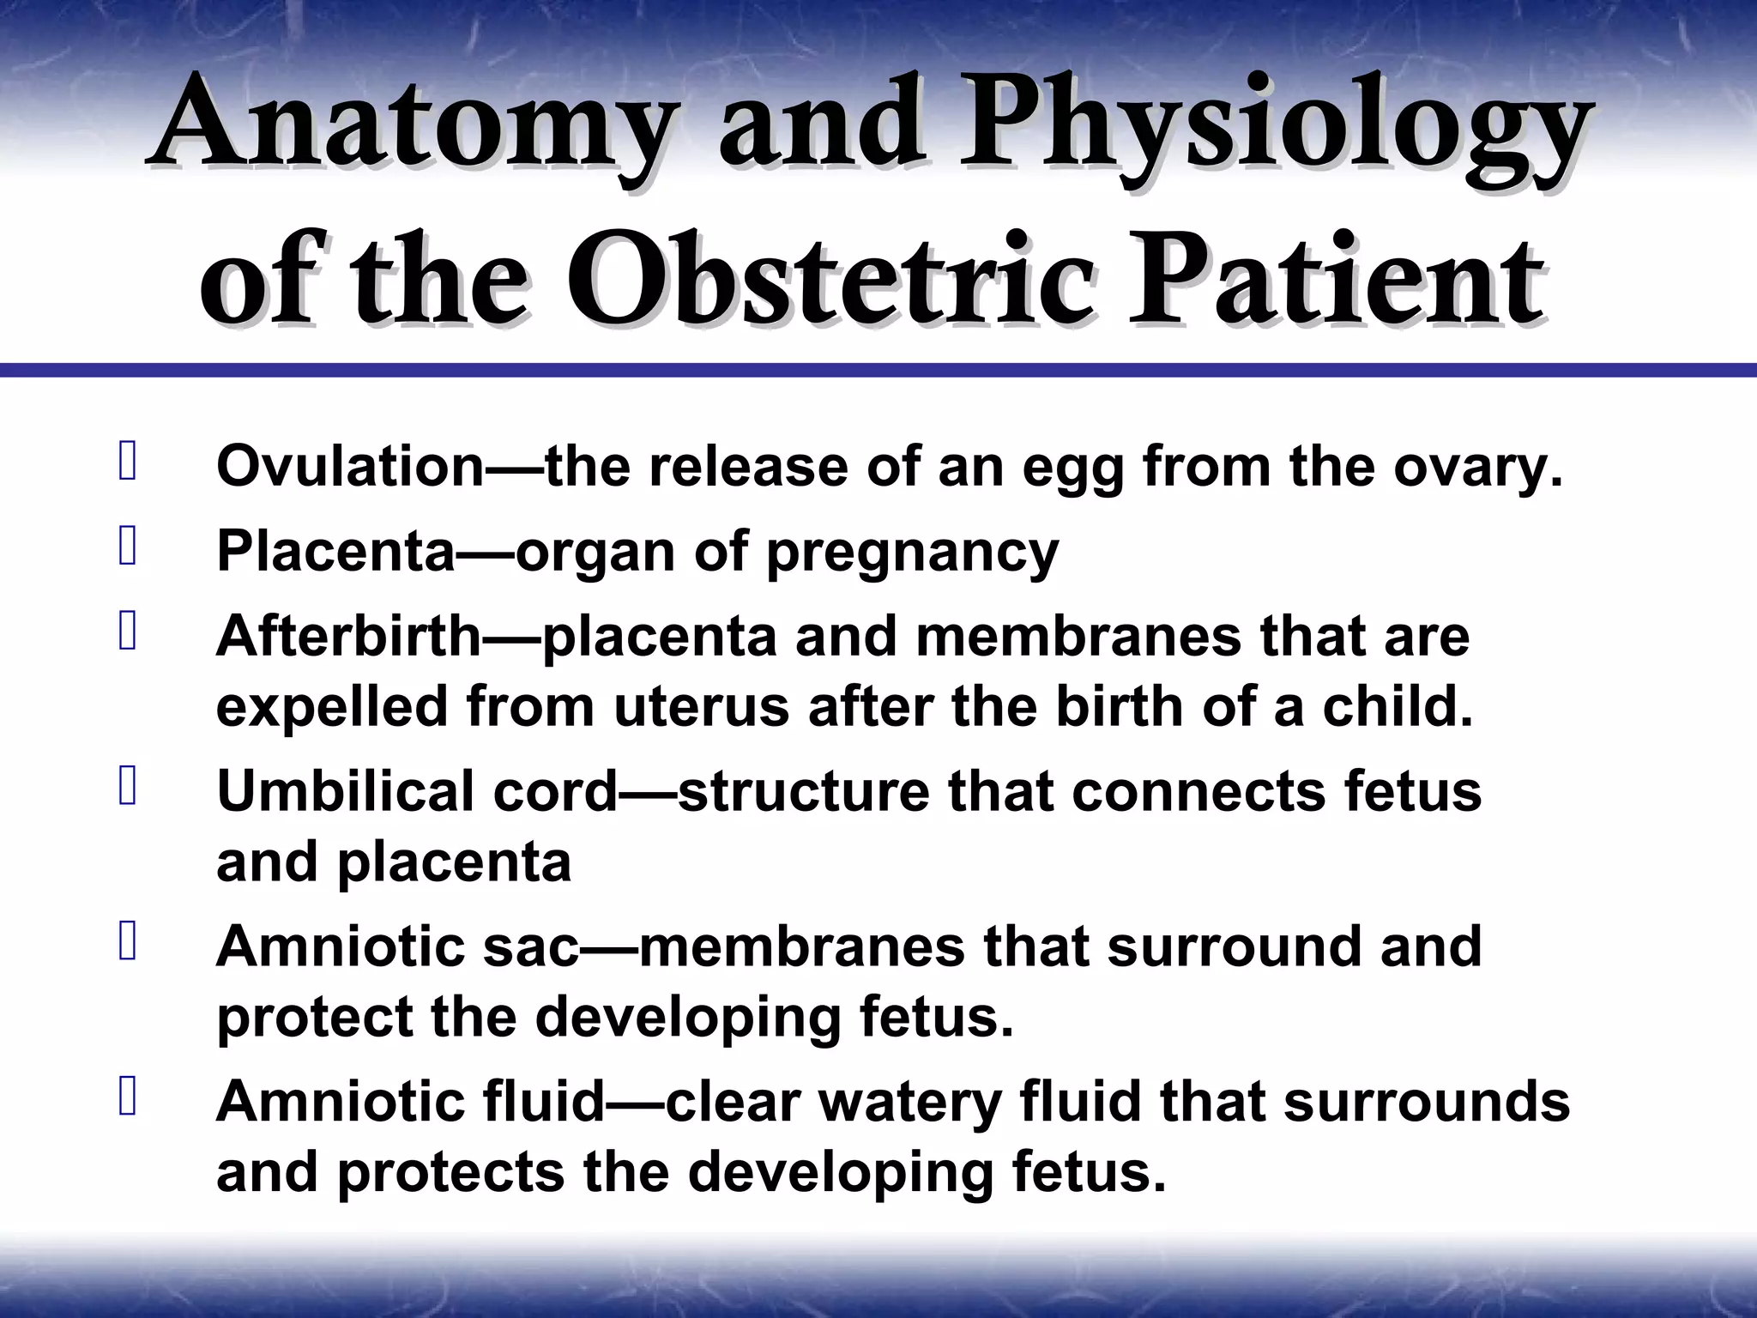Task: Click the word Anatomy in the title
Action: pyautogui.click(x=408, y=129)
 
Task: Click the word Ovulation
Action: pyautogui.click(x=352, y=468)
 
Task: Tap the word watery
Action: pyautogui.click(x=910, y=1103)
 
